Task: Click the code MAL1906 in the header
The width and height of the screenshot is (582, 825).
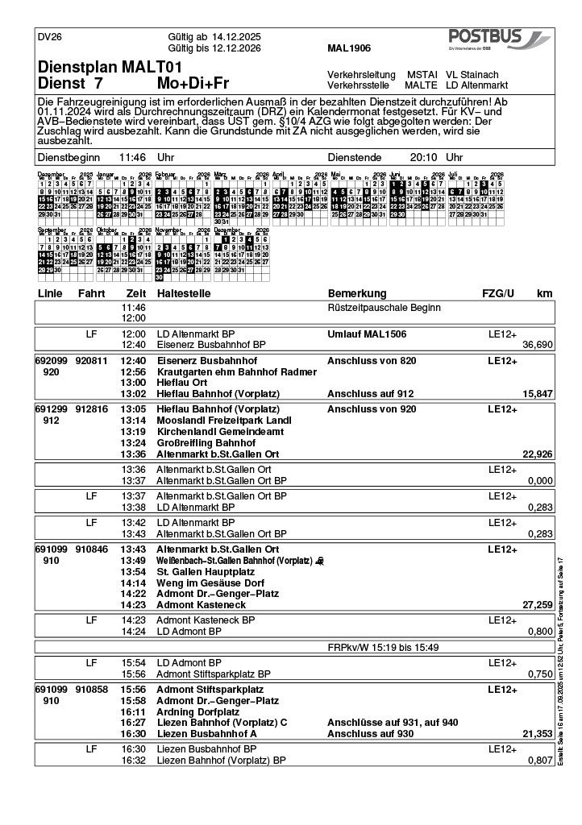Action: coord(349,48)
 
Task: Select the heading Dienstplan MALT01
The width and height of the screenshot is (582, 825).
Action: coord(110,67)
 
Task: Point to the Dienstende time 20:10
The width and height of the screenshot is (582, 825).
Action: coord(424,158)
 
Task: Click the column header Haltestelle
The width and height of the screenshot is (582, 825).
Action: coord(184,293)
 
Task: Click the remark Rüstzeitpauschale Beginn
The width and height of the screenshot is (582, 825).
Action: coord(384,308)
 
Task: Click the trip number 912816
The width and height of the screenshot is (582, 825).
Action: coord(92,410)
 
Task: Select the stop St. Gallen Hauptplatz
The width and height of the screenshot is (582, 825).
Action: coord(206,571)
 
